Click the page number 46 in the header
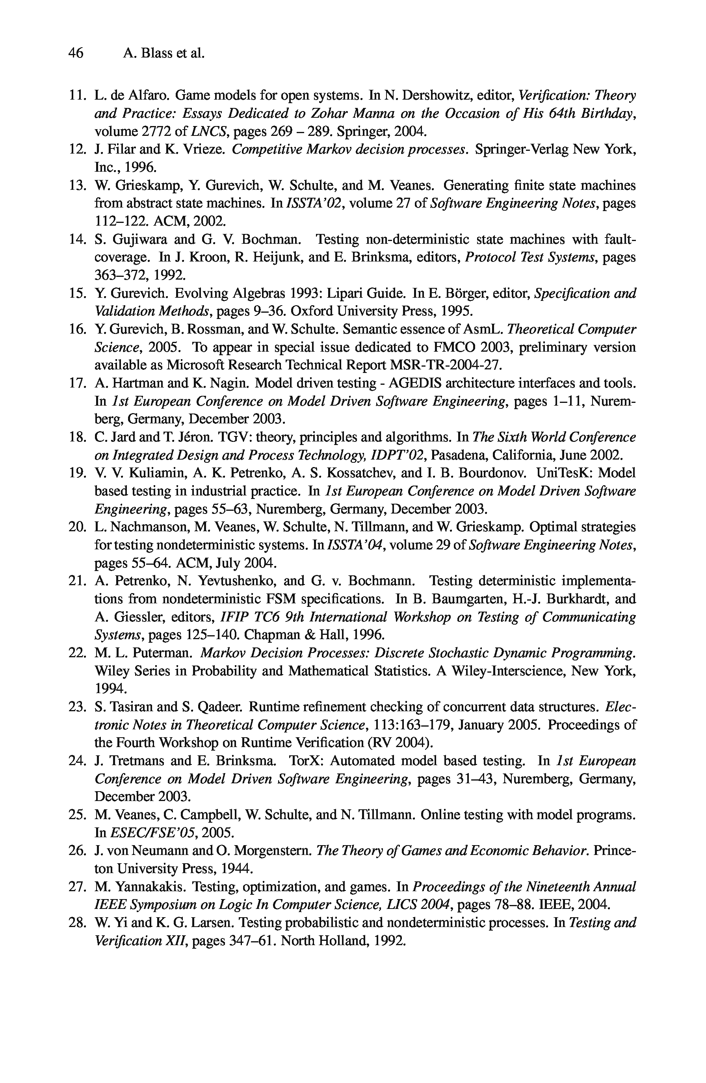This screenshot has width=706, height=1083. [76, 53]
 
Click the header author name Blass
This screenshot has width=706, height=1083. [158, 53]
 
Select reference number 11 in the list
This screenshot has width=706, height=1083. [77, 96]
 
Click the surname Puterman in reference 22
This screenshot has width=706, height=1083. [162, 653]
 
